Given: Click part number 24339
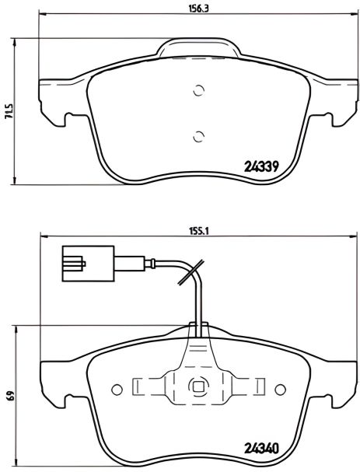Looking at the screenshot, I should pos(261,165).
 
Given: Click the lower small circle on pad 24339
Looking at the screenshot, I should pos(197,138).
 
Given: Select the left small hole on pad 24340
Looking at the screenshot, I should pos(117,386).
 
